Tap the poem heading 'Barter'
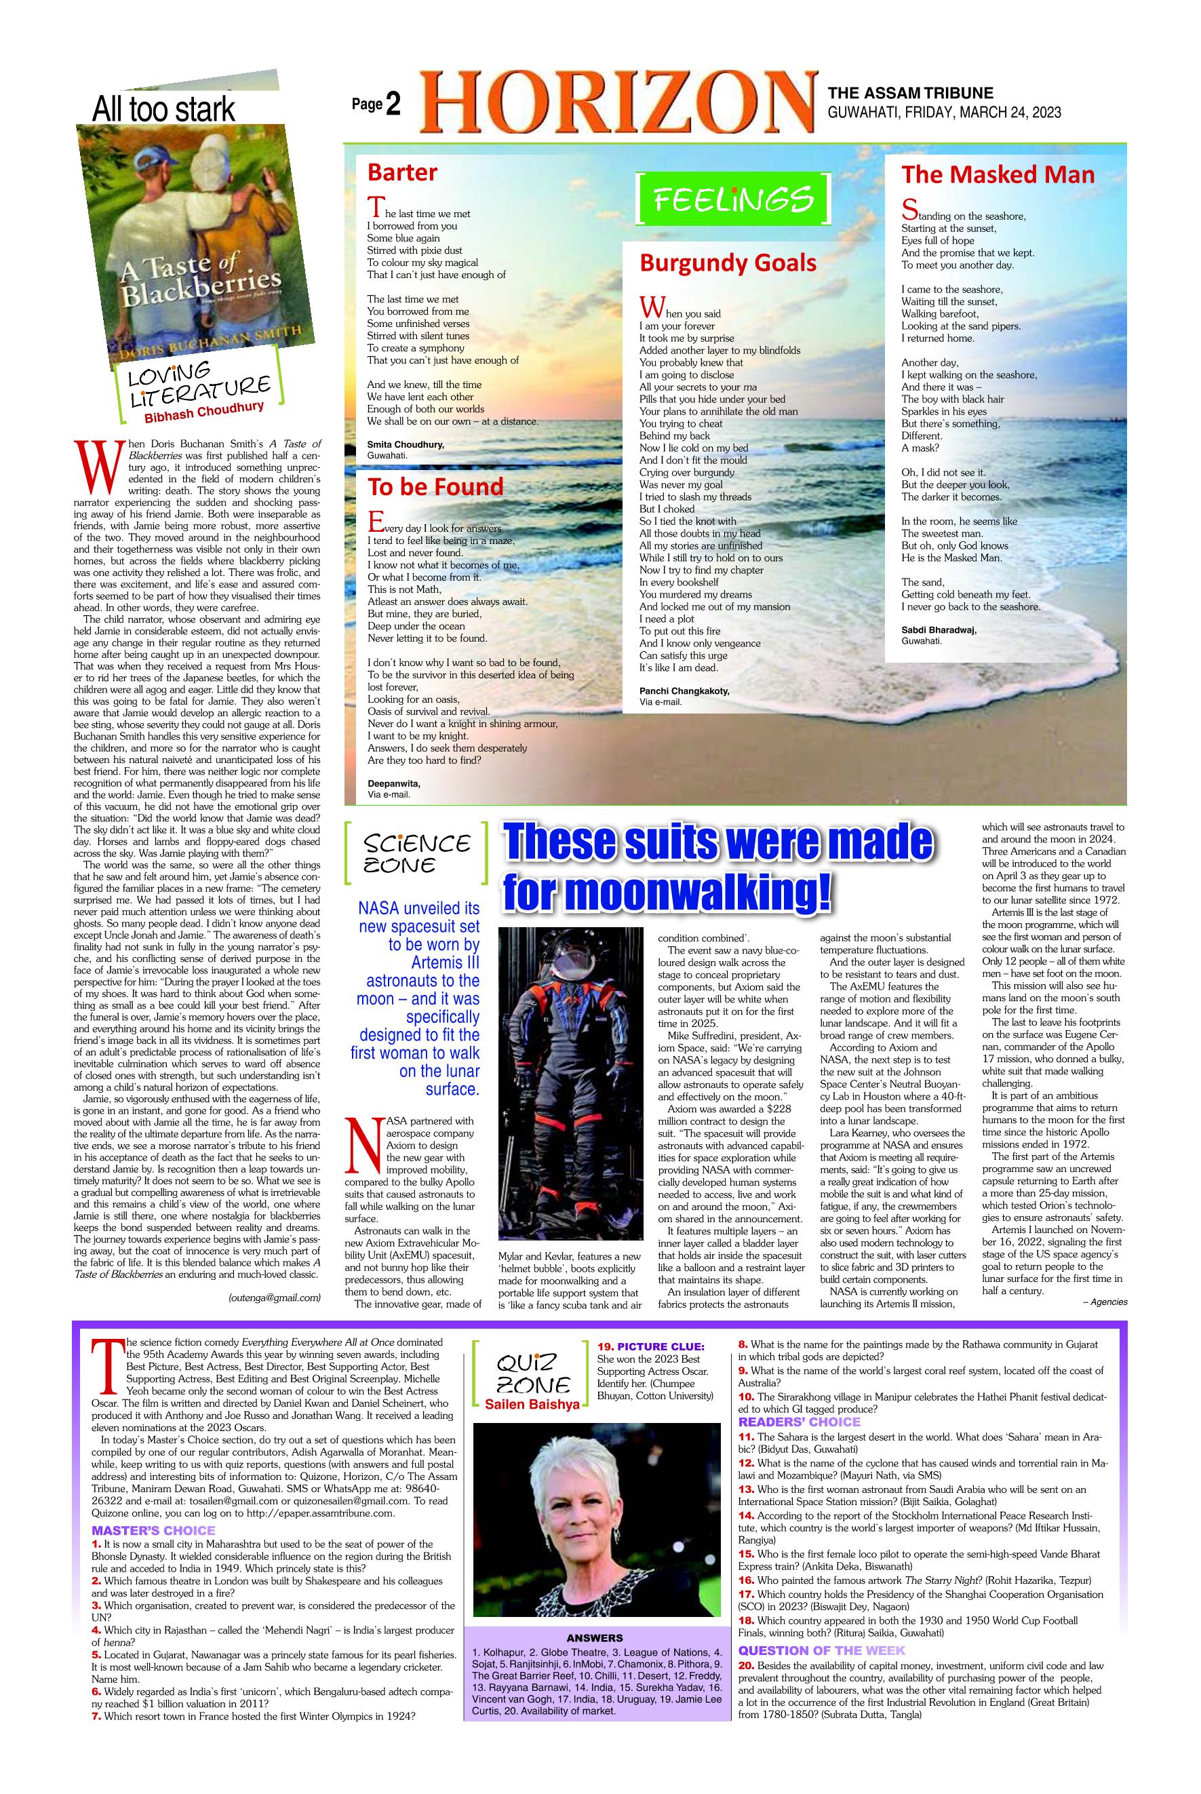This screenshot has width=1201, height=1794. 402,172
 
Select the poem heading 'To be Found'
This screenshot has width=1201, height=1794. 435,486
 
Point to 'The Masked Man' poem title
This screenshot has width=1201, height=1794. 998,174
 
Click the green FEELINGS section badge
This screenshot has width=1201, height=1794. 733,199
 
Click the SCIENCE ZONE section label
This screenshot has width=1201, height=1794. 416,853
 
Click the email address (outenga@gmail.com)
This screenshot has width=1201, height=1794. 274,1298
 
